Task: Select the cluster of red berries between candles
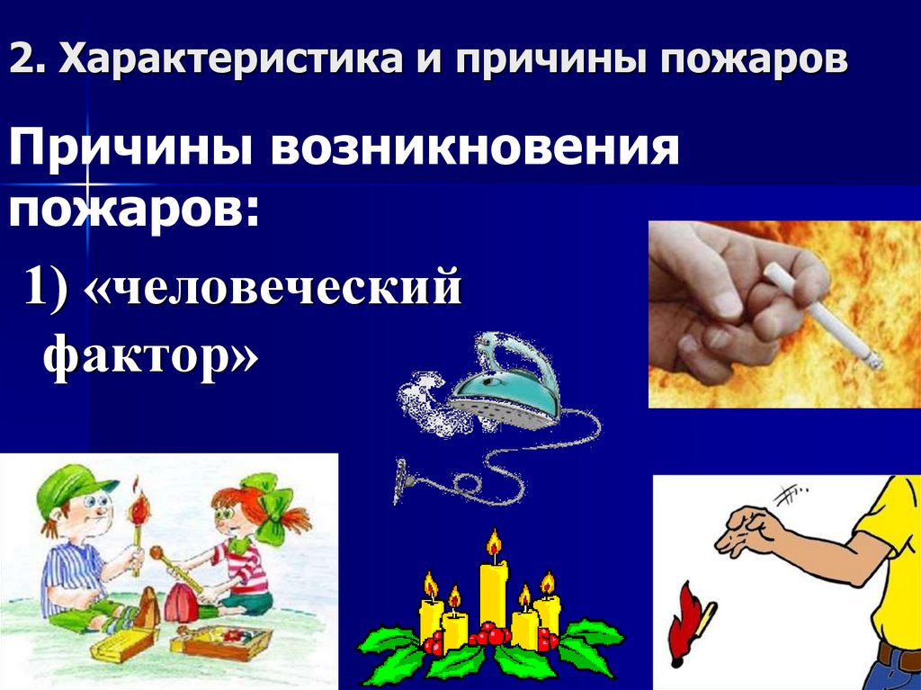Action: coord(490,635)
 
